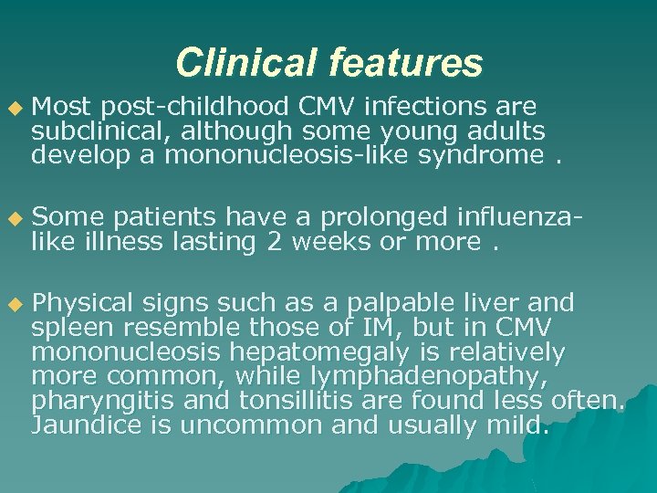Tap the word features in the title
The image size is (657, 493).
coord(404,63)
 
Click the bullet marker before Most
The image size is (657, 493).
coord(13,109)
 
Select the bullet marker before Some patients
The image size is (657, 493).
coord(13,219)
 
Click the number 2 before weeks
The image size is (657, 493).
coord(274,242)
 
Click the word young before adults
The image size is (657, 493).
coord(427,131)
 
